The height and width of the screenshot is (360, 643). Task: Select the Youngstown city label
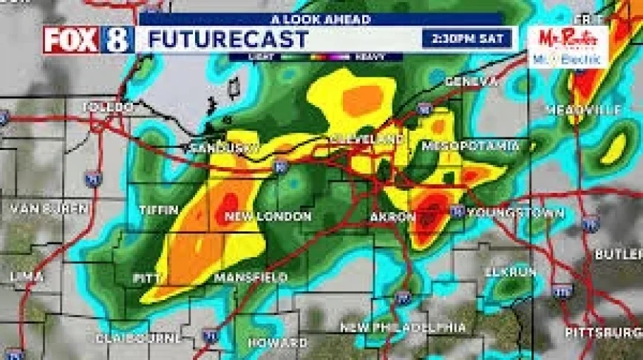(x=516, y=213)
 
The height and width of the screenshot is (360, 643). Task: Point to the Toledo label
(x=108, y=108)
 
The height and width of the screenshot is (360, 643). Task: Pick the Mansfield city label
(x=251, y=278)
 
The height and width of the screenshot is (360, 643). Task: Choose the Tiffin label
(x=159, y=210)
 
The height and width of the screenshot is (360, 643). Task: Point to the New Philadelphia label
(x=404, y=327)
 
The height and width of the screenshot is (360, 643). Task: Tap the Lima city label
(x=27, y=276)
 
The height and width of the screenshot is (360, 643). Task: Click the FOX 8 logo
(x=88, y=39)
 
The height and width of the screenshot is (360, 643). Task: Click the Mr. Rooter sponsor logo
(x=568, y=47)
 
